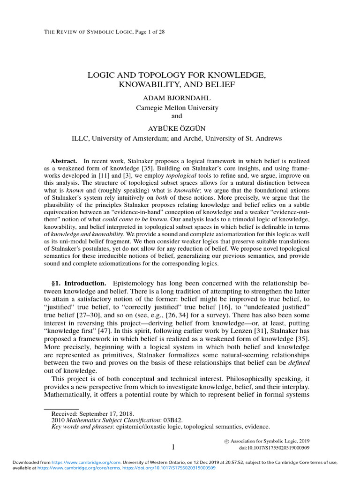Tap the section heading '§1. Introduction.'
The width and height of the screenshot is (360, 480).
[78, 284]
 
